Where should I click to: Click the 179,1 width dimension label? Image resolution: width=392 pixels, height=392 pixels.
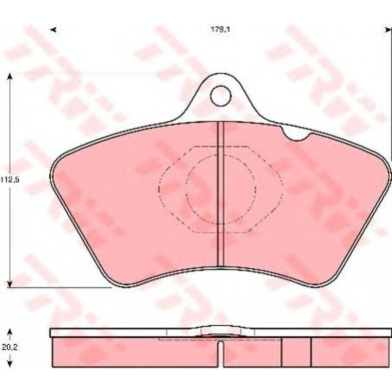coord(220,30)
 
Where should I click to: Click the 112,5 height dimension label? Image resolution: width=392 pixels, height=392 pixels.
coord(10,180)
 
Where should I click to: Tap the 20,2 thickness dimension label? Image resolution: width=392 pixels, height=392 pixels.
coord(10,347)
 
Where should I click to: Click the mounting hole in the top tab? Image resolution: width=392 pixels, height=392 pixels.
coord(221,96)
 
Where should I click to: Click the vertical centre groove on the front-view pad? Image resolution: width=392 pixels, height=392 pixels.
coord(221,194)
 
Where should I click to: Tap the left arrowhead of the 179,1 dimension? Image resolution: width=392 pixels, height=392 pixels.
coord(53,30)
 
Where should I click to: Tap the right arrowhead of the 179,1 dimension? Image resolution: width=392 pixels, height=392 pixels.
coord(388,30)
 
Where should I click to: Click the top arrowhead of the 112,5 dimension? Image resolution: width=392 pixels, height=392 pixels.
coord(10,76)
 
